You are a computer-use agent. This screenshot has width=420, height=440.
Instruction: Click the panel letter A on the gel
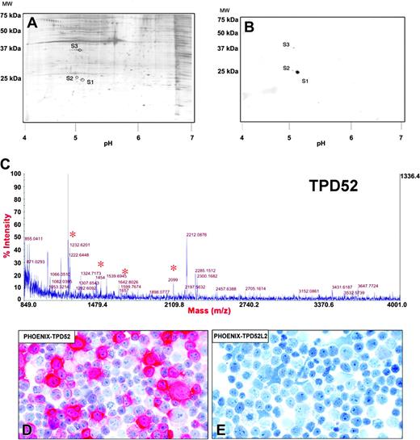pos(33,23)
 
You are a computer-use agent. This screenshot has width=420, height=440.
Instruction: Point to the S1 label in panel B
pos(305,81)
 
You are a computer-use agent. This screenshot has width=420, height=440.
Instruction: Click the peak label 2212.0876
pos(197,235)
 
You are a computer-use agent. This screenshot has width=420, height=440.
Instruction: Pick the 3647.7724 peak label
pos(372,286)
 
